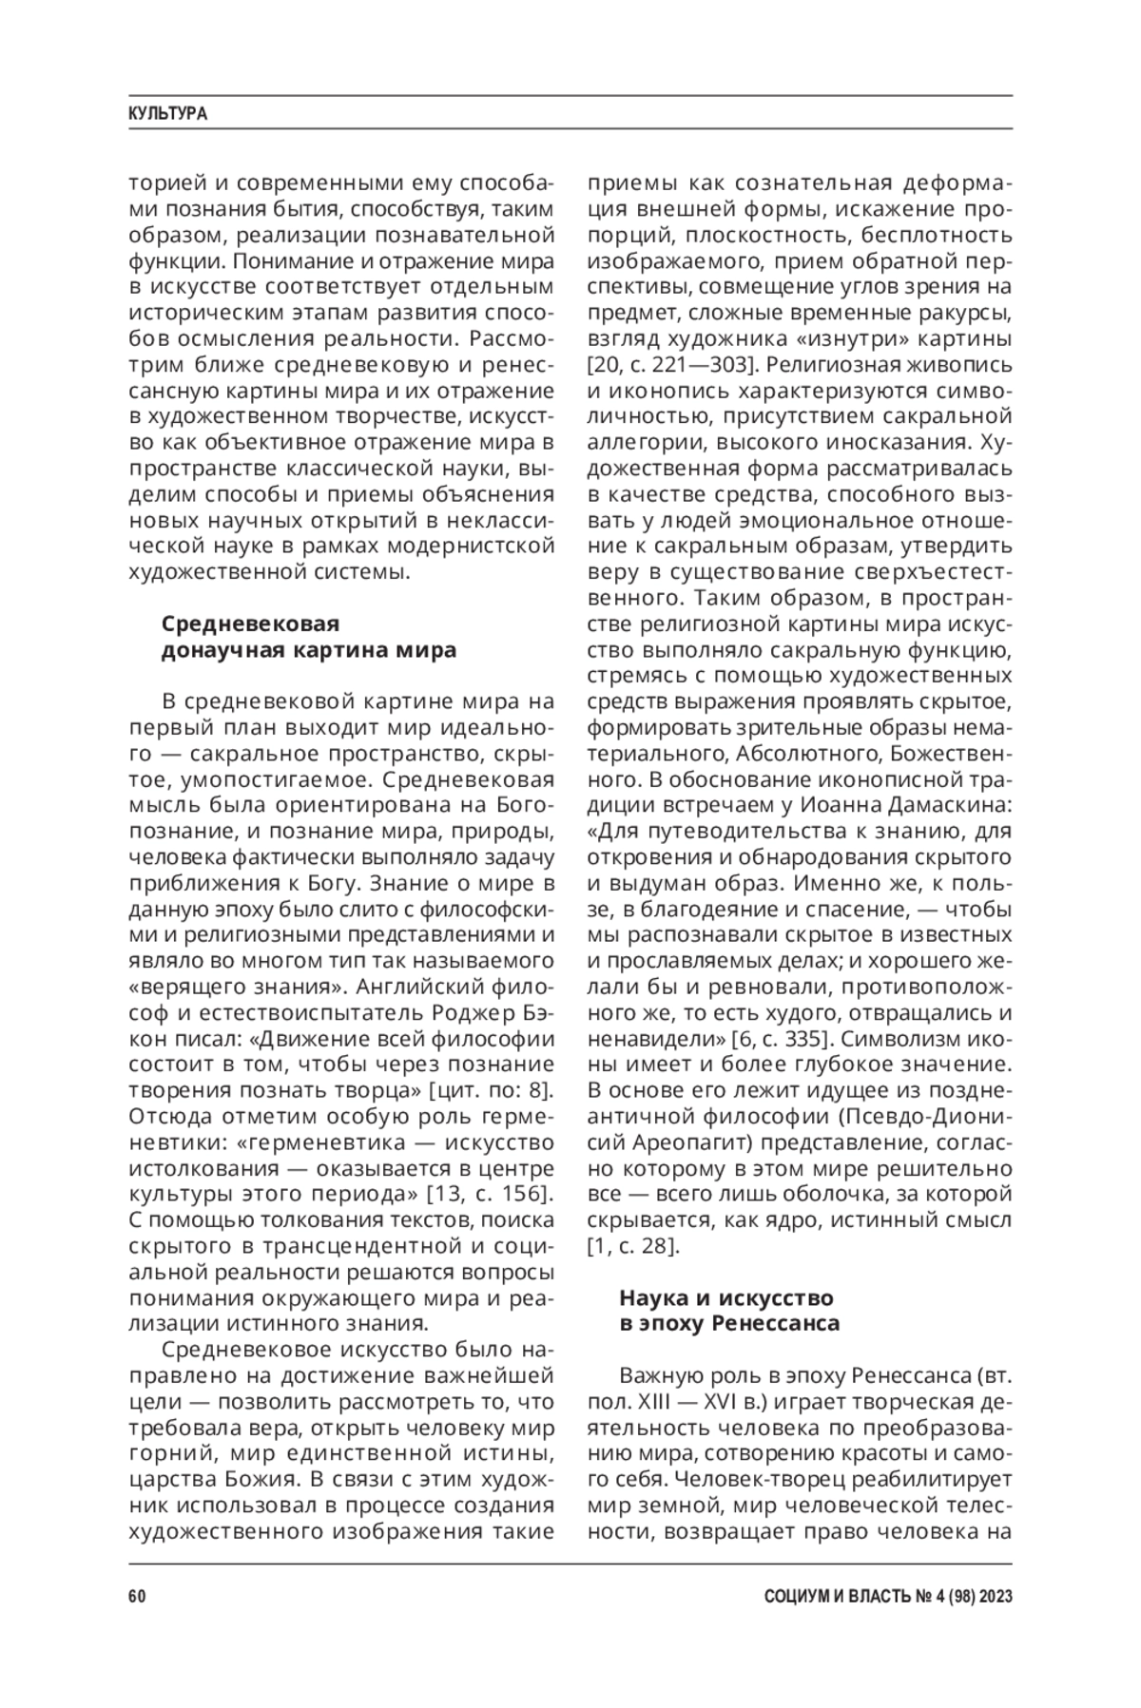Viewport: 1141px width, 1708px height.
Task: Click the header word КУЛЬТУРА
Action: [x=167, y=114]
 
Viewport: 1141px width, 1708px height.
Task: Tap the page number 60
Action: [x=137, y=1597]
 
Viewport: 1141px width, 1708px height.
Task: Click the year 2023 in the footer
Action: [x=993, y=1597]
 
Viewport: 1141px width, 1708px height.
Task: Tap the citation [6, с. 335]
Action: [x=783, y=1036]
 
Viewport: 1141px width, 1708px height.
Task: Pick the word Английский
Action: [x=395, y=984]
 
